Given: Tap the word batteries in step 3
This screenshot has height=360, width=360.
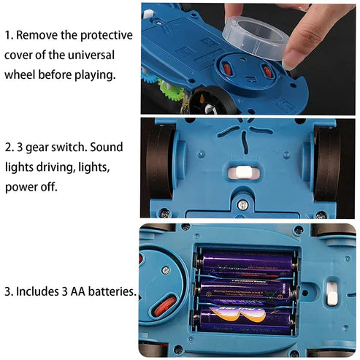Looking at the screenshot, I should (x=112, y=292).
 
